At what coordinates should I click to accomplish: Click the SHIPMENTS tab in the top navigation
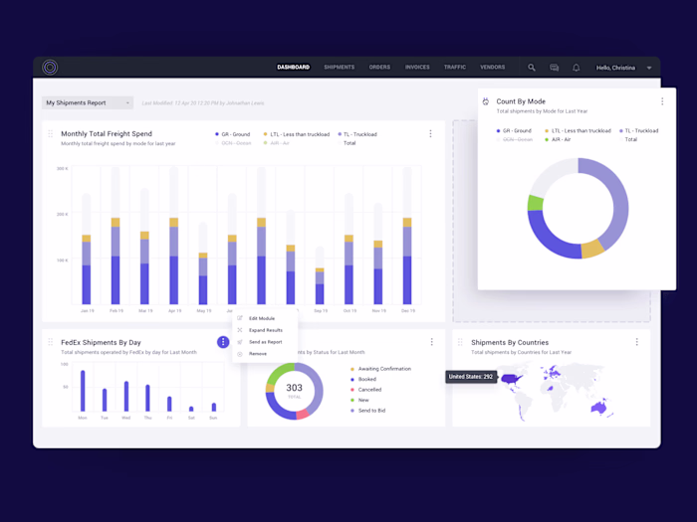pyautogui.click(x=339, y=68)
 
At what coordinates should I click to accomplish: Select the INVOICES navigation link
pyautogui.click(x=417, y=68)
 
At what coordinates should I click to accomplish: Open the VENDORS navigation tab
pyautogui.click(x=492, y=68)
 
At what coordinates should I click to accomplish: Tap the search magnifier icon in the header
pyautogui.click(x=532, y=68)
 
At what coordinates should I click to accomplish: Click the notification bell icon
pyautogui.click(x=576, y=68)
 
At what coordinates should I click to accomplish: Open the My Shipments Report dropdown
pyautogui.click(x=88, y=102)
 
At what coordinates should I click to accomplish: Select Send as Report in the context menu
pyautogui.click(x=266, y=342)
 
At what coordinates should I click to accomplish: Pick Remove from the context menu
pyautogui.click(x=258, y=354)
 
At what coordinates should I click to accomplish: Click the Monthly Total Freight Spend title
pyautogui.click(x=107, y=133)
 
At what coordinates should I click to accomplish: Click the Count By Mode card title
pyautogui.click(x=521, y=101)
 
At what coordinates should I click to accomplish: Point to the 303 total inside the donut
pyautogui.click(x=294, y=389)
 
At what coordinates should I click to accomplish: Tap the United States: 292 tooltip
pyautogui.click(x=472, y=377)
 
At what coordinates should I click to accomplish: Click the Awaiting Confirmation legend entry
pyautogui.click(x=383, y=369)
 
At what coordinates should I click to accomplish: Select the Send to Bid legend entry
pyautogui.click(x=373, y=410)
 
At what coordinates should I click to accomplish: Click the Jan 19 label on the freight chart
pyautogui.click(x=87, y=310)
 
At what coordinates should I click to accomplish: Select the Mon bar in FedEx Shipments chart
pyautogui.click(x=83, y=391)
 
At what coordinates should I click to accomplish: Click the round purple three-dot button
pyautogui.click(x=223, y=342)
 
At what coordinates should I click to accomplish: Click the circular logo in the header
pyautogui.click(x=50, y=68)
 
